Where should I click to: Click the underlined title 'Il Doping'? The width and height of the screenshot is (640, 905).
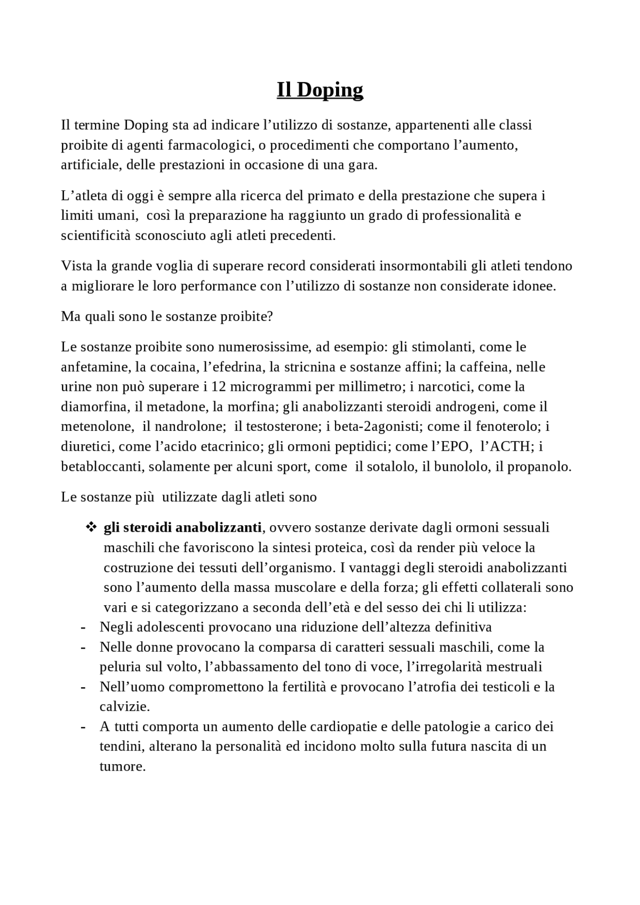coord(320,90)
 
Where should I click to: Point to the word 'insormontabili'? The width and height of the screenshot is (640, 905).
coord(419,266)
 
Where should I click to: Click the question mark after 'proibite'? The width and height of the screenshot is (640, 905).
coord(270,317)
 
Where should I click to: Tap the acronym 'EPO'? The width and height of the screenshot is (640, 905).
coord(457,447)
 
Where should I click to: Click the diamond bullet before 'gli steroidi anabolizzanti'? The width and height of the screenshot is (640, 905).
coord(91,527)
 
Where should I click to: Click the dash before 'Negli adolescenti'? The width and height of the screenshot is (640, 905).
coord(83,628)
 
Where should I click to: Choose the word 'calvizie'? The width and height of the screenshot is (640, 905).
coord(123,708)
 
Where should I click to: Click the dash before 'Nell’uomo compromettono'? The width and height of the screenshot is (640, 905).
coord(83,688)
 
